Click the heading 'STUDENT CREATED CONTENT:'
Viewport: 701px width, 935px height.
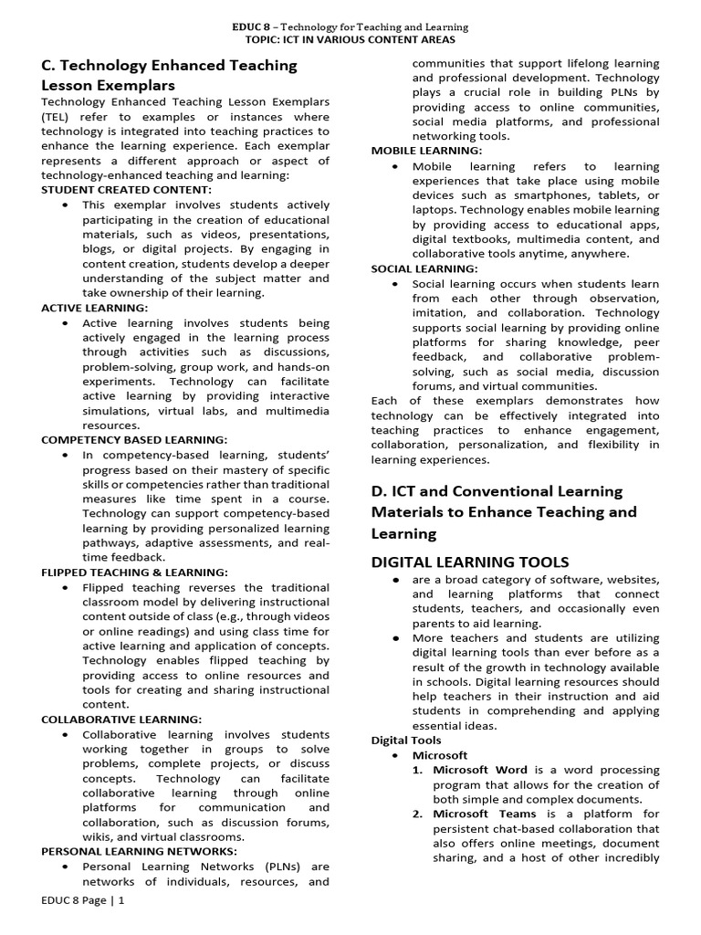pos(126,190)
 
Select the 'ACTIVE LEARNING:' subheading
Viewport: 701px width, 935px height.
pos(94,308)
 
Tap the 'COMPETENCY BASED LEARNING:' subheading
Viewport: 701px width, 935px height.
pos(134,440)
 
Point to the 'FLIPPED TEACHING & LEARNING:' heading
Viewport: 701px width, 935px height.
pos(134,573)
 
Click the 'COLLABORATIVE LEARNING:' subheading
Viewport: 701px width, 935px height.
pos(121,720)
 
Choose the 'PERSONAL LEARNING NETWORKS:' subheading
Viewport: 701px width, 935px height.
pos(139,851)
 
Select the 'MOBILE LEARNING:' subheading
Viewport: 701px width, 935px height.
pos(426,151)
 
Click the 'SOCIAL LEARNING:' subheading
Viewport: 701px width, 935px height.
pos(424,268)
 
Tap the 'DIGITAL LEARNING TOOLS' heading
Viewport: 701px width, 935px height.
pos(469,562)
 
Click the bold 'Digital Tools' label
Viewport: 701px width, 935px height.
pos(405,741)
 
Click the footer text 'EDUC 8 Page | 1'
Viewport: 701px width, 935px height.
pos(82,926)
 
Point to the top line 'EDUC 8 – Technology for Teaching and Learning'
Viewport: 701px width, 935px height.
pos(350,28)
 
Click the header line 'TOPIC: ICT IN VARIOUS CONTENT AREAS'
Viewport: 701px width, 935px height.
pos(350,41)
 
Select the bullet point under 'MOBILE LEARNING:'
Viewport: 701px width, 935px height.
pos(393,167)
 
